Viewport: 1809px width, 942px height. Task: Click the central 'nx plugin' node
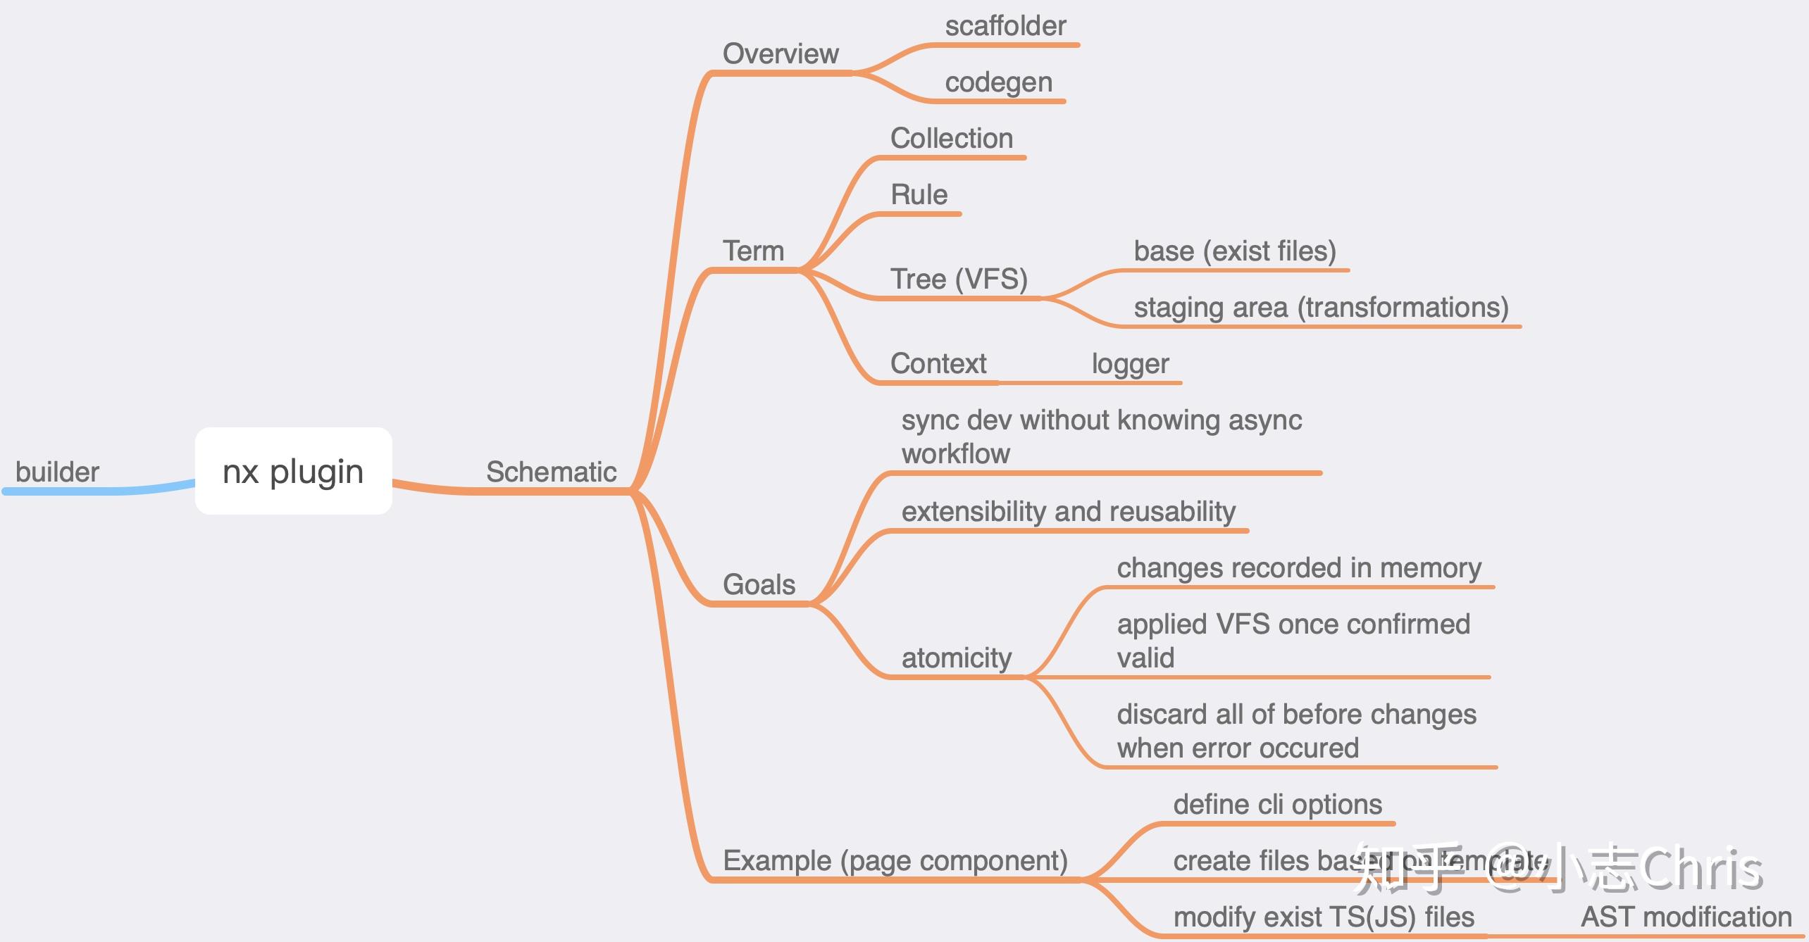pos(293,471)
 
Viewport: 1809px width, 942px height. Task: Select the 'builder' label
pos(57,472)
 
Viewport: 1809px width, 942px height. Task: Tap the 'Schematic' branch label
pos(551,472)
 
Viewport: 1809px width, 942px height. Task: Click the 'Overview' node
pos(781,54)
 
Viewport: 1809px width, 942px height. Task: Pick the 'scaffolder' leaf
pos(1005,26)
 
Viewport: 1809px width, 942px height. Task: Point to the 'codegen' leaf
pos(998,82)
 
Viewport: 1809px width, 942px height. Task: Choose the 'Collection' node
pos(951,138)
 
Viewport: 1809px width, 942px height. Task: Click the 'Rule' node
pos(919,194)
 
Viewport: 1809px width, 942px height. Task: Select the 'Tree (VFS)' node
pos(959,279)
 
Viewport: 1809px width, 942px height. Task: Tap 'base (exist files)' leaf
pos(1234,251)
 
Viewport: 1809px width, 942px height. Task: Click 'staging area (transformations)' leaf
pos(1321,307)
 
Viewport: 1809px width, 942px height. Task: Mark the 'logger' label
pos(1130,363)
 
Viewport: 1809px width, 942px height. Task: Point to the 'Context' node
pos(938,363)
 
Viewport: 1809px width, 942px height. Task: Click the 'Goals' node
pos(759,584)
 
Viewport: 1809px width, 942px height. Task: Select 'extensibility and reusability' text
pos(1068,511)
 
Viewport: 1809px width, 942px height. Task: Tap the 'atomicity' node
pos(956,658)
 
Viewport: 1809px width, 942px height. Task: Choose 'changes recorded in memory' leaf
pos(1298,567)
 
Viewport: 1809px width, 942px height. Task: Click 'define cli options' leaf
pos(1277,804)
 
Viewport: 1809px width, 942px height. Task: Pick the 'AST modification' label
pos(1686,917)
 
